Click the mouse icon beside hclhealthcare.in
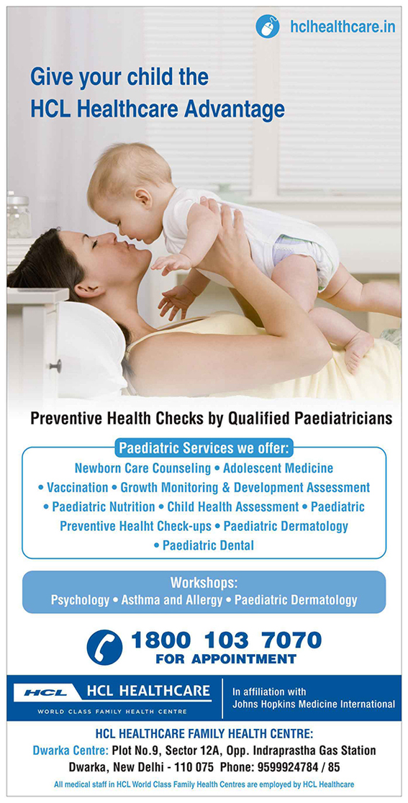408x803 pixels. coord(268,26)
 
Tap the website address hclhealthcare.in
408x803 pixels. coord(343,27)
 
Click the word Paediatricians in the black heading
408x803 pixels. coord(343,418)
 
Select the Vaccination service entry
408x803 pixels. coord(77,487)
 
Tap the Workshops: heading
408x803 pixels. coord(204,583)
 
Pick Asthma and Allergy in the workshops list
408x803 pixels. coord(172,599)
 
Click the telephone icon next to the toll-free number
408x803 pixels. coord(104,648)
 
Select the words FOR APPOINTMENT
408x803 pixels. coord(226,658)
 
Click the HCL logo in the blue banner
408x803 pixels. coord(45,692)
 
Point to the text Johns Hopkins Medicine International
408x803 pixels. coord(313,704)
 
